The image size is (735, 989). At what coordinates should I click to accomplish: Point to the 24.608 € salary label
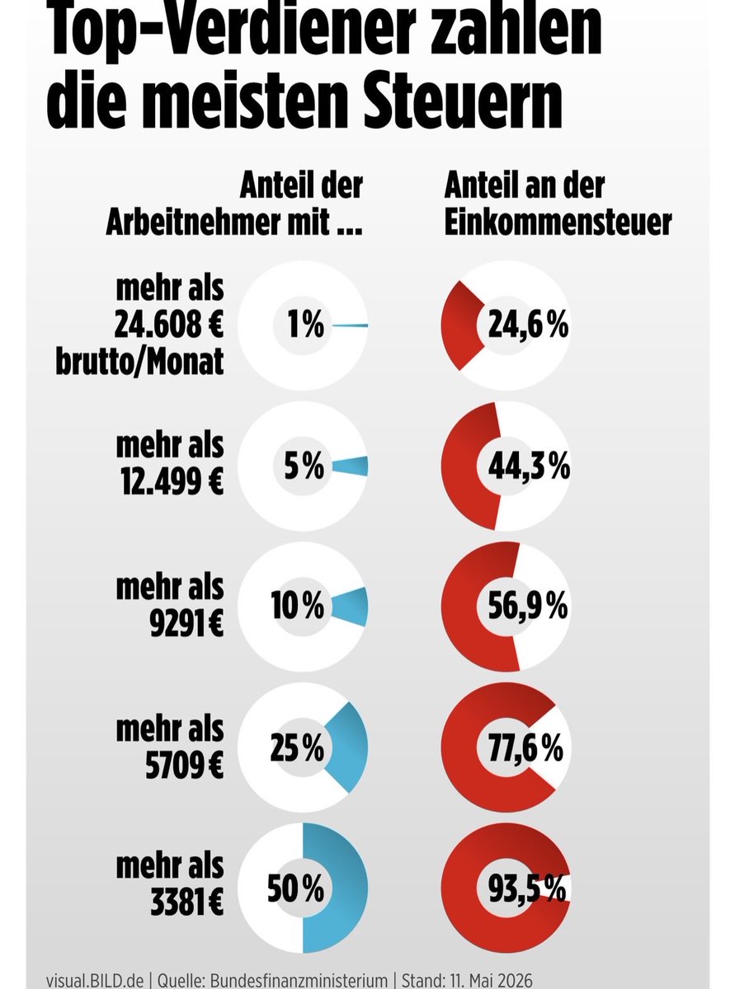coord(168,325)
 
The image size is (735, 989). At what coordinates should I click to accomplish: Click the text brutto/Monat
coord(139,362)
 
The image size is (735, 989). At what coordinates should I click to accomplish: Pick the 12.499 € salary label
coord(172,481)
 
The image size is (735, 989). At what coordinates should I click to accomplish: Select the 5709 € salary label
coord(184,764)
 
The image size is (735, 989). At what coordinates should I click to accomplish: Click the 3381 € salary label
coord(186,905)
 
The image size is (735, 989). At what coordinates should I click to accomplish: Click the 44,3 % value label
coord(529,466)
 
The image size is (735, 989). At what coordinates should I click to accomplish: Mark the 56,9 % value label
coord(528,607)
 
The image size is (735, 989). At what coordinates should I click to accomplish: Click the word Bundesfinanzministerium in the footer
coord(299,981)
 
